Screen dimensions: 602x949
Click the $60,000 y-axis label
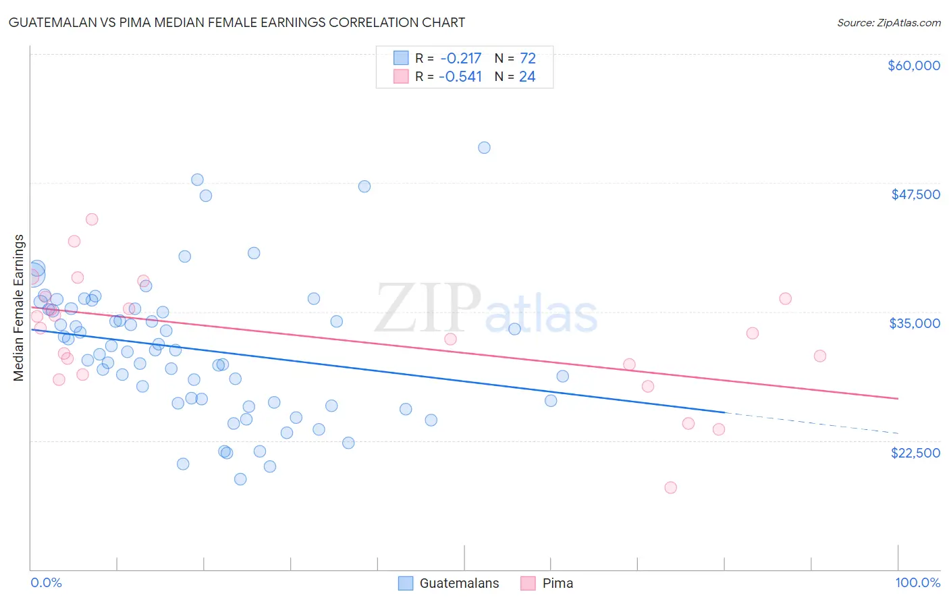pyautogui.click(x=913, y=65)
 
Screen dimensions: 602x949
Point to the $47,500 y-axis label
pyautogui.click(x=915, y=194)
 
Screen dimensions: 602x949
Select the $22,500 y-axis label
pyautogui.click(x=915, y=453)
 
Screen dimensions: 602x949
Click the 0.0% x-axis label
pyautogui.click(x=46, y=582)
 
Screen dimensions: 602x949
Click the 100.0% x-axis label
pyautogui.click(x=917, y=582)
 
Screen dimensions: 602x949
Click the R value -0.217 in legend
pyautogui.click(x=460, y=58)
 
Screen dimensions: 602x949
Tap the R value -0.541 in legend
pyautogui.click(x=460, y=76)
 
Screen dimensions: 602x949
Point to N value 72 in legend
pyautogui.click(x=527, y=58)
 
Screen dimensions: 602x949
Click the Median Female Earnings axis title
pyautogui.click(x=19, y=308)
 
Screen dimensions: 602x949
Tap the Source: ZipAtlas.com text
pyautogui.click(x=888, y=22)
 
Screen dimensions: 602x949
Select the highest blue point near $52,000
pyautogui.click(x=484, y=148)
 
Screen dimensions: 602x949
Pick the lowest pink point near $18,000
pyautogui.click(x=670, y=487)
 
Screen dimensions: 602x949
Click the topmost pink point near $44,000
pyautogui.click(x=92, y=219)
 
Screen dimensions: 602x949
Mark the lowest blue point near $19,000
pyautogui.click(x=240, y=479)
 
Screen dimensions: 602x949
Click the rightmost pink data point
pyautogui.click(x=819, y=356)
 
